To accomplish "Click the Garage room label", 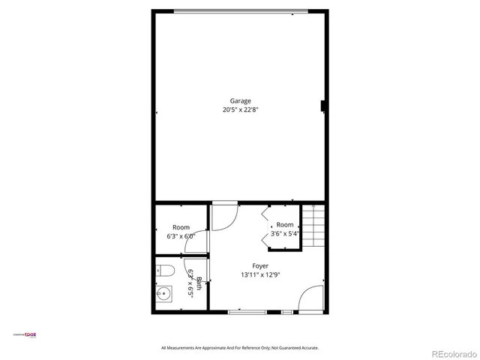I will [x=241, y=100].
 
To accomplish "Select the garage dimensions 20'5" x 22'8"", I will [x=241, y=109].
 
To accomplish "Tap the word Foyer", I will [x=260, y=266].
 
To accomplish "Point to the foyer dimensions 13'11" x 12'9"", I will [x=260, y=275].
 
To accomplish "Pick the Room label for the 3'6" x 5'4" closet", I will [x=285, y=225].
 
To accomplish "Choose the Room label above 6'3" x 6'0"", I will [x=181, y=227].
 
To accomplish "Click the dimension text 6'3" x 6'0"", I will [x=181, y=235].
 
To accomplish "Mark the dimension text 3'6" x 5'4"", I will [x=285, y=233].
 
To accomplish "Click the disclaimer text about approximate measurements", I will [x=240, y=347].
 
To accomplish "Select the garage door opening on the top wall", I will [x=241, y=10].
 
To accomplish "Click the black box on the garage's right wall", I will [x=324, y=106].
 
